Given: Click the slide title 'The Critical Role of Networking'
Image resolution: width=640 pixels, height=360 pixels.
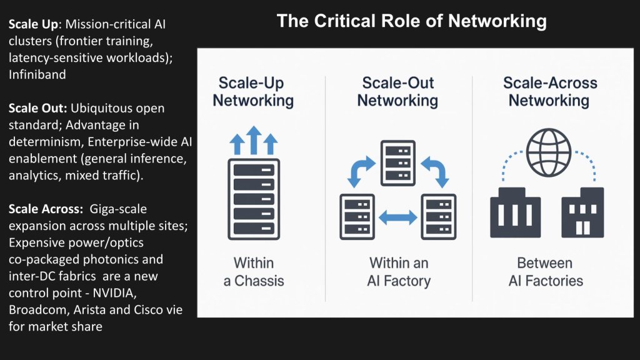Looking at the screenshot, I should tap(411, 21).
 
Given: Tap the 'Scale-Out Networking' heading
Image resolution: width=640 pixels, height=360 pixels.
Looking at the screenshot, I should tap(397, 92).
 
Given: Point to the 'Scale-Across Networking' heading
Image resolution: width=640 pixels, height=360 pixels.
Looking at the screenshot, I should tap(549, 92).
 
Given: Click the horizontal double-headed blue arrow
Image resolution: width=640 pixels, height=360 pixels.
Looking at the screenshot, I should tap(398, 217).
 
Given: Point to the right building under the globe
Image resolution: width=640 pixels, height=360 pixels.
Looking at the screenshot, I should tap(582, 212).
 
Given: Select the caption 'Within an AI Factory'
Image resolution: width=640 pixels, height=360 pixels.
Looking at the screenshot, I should tap(398, 271).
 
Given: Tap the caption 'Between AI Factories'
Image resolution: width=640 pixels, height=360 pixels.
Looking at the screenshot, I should tap(546, 271).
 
